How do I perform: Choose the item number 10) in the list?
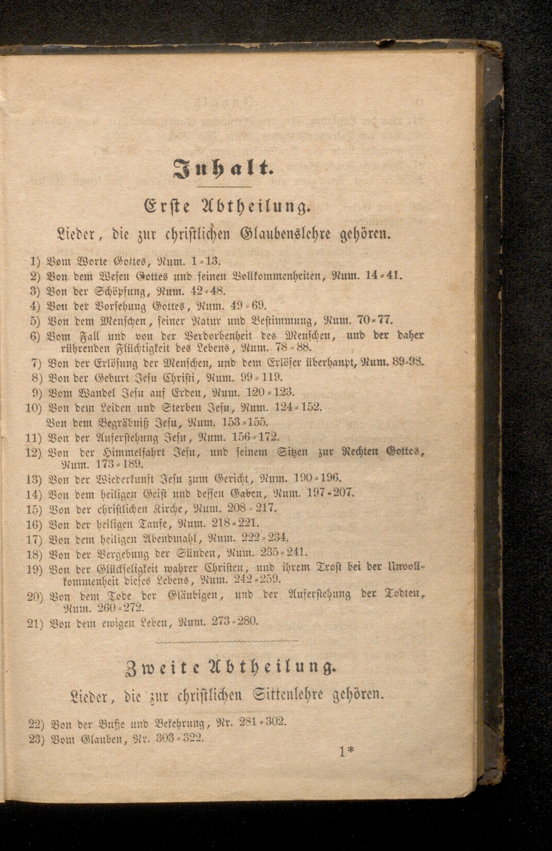click(34, 408)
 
